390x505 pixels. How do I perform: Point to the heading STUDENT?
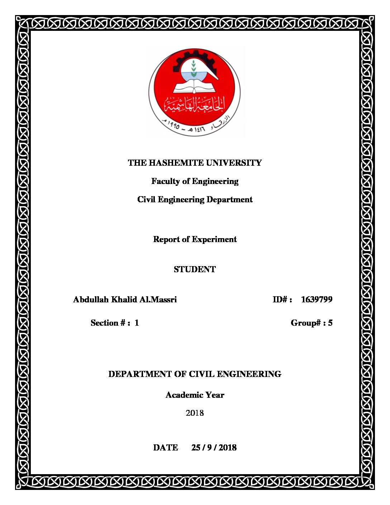coord(195,269)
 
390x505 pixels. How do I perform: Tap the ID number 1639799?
coord(317,299)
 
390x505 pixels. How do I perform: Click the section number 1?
coord(137,323)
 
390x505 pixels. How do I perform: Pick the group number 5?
coord(330,323)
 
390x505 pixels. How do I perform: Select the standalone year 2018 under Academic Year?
coord(195,413)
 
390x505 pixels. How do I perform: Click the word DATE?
coord(166,448)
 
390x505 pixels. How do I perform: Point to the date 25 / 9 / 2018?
coord(214,448)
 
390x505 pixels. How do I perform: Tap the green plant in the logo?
coord(194,68)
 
